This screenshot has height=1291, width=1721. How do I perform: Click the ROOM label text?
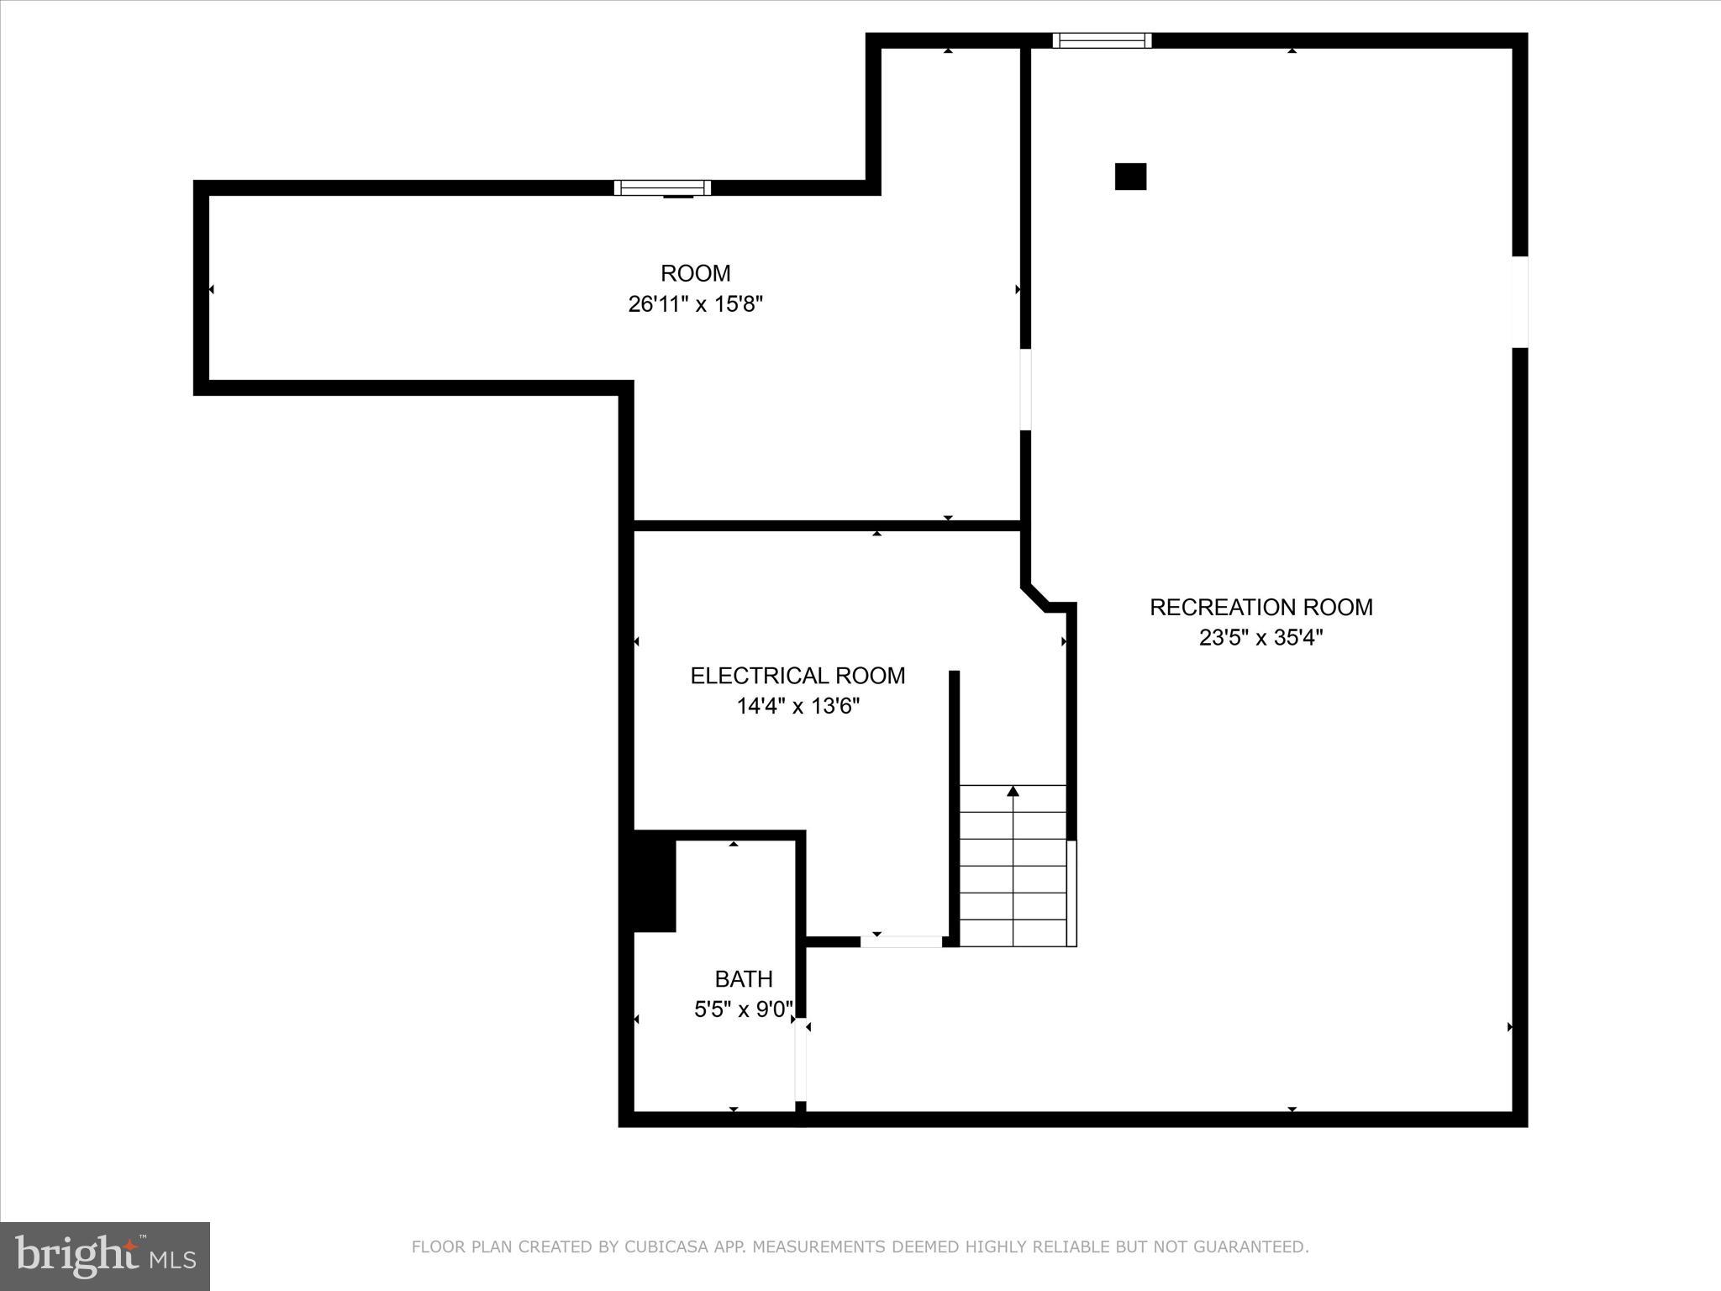click(x=695, y=273)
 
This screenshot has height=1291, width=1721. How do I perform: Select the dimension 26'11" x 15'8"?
click(x=695, y=304)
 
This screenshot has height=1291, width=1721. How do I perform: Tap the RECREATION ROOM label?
click(x=1260, y=607)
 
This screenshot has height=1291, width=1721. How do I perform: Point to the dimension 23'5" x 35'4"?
click(x=1260, y=638)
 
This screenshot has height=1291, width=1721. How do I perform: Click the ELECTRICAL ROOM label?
click(x=797, y=676)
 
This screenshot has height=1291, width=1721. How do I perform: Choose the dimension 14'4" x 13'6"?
click(x=797, y=706)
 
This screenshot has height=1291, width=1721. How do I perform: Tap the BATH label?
click(x=744, y=978)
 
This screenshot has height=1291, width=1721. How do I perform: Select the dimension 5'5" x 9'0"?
click(x=743, y=1009)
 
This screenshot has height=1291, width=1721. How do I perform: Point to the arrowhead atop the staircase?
click(x=1013, y=791)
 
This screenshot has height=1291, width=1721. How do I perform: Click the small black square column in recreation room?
click(x=1130, y=177)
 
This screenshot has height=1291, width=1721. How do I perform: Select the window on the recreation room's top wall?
click(x=1102, y=40)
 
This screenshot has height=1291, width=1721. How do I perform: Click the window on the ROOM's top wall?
click(x=662, y=187)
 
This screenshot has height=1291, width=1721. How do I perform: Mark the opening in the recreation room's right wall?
click(x=1519, y=301)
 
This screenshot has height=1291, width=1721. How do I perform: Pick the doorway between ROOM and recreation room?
click(x=1025, y=389)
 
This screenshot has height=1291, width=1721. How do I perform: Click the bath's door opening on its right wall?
click(x=801, y=1059)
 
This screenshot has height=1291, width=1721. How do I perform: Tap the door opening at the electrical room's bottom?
click(x=901, y=941)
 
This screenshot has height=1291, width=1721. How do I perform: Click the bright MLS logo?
click(x=105, y=1257)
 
